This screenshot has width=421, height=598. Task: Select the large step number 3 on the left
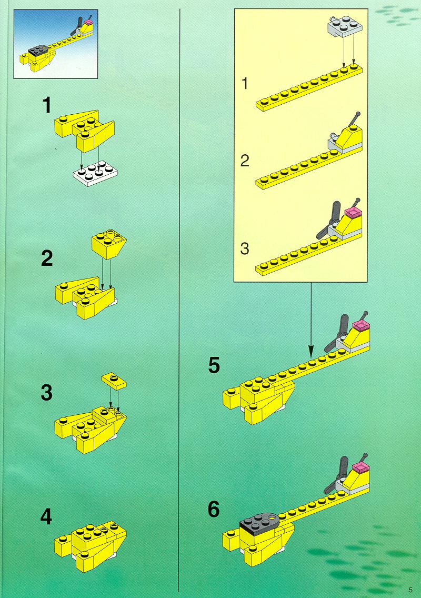tap(46, 393)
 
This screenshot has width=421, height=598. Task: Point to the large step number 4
tap(46, 517)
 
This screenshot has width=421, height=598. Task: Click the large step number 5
tap(214, 365)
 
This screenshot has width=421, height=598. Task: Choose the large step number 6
tap(214, 509)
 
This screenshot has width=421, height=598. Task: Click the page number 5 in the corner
tap(410, 590)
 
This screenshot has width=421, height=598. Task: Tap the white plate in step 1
tap(95, 175)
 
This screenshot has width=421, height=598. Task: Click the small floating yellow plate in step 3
tap(114, 381)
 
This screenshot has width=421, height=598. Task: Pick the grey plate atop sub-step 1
tap(344, 26)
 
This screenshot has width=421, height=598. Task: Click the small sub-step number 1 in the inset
tap(245, 84)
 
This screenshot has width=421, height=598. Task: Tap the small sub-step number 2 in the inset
tap(245, 161)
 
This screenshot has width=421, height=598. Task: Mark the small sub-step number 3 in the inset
tap(245, 248)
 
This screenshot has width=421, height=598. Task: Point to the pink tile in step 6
tap(360, 467)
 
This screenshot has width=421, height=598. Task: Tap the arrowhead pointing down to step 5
tap(311, 350)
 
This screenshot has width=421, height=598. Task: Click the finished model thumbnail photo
tap(56, 44)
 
